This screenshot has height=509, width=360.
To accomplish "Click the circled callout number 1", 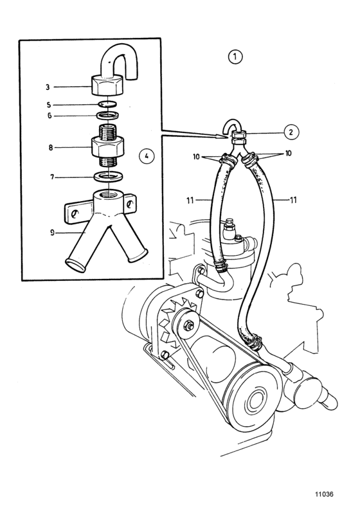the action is [235, 57].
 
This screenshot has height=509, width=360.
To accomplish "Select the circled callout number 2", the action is [291, 132].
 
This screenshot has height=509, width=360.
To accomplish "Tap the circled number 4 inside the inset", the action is [147, 156].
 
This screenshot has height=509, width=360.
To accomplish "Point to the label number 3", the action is [48, 87].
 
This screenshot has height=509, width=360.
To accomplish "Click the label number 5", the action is [48, 105].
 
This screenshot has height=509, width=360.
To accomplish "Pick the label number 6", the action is [50, 116].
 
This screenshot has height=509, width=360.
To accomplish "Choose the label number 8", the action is [50, 148].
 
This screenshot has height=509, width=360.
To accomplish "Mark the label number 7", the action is [52, 177].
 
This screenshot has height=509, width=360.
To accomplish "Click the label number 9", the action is [52, 233].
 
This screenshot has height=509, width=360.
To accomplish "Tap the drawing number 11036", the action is [324, 494].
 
